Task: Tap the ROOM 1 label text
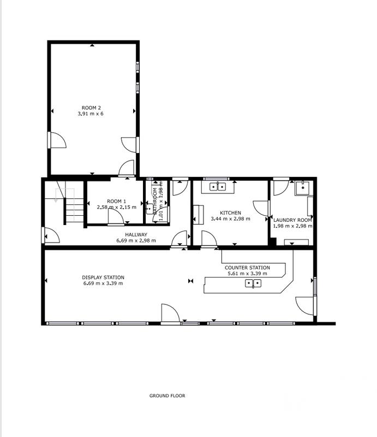coord(116,201)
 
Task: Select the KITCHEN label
coord(230,212)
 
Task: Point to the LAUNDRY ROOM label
coord(292,220)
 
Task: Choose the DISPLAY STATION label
coord(103,277)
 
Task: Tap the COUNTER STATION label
coord(247,268)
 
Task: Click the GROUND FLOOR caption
coord(167,395)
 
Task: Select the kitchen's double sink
coord(218,187)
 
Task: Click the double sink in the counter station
coord(253,283)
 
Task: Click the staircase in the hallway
coord(69,205)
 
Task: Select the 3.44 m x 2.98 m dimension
coord(230,218)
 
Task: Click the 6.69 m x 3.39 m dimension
coord(103,284)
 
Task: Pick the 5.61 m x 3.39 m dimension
coord(247,274)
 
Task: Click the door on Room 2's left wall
coord(57,140)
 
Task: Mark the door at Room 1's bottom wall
coord(116,217)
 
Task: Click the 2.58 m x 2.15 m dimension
coord(116,208)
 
